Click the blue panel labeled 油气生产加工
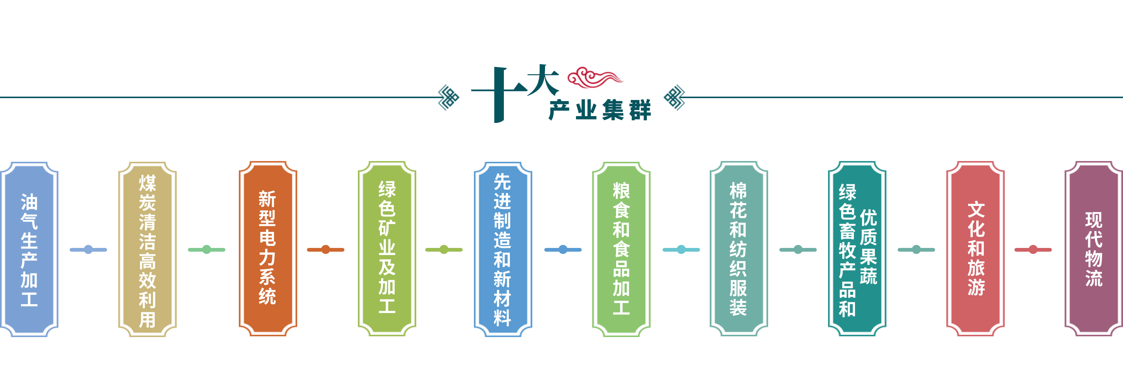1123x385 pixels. [x=29, y=249]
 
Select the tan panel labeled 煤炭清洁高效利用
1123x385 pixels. [x=147, y=249]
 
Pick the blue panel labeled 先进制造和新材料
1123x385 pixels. [x=503, y=249]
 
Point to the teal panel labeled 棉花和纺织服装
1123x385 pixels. [x=739, y=249]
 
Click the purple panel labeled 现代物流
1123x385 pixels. [x=1093, y=249]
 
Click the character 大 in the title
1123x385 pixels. [x=543, y=80]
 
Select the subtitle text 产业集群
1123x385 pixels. [x=600, y=110]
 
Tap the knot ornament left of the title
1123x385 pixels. [x=448, y=97]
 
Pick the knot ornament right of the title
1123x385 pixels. [x=674, y=97]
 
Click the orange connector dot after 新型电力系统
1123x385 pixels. [x=325, y=249]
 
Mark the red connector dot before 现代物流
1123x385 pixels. [x=1033, y=249]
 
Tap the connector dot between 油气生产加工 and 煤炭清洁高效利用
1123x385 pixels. [x=88, y=249]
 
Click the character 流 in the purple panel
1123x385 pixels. [x=1093, y=278]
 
